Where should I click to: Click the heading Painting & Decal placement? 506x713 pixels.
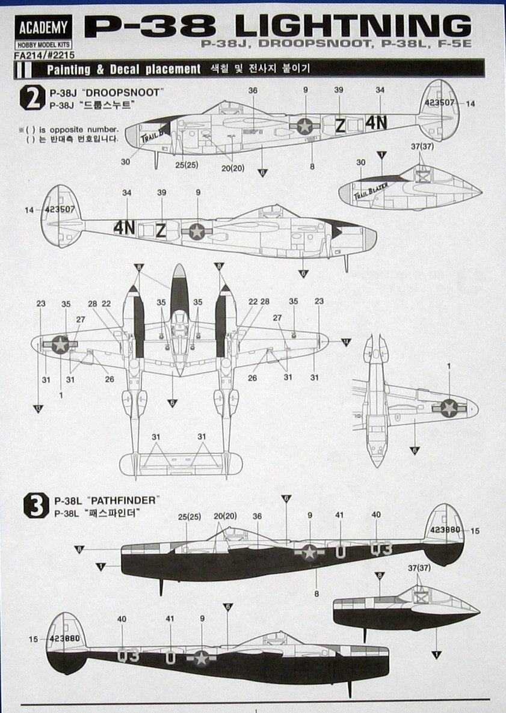124,70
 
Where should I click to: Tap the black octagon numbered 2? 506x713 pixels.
31,97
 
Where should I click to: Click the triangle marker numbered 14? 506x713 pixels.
345,341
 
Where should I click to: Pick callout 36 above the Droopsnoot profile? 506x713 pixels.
253,91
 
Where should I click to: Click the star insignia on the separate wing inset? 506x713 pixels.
449,408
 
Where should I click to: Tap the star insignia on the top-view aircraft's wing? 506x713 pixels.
60,344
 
